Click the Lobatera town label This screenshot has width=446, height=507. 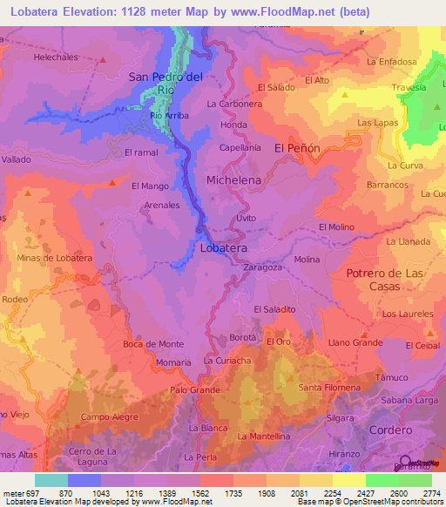[x=224, y=248]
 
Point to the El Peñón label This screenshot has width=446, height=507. [x=298, y=149]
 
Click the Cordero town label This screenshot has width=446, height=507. [x=389, y=430]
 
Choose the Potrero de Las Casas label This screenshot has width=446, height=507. [x=384, y=281]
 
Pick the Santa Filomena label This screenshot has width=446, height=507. [x=329, y=387]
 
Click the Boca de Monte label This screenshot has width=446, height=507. [x=153, y=344]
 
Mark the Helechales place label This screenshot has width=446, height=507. [x=56, y=57]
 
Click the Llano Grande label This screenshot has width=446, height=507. [x=355, y=343]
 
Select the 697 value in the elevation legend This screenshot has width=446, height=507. [x=26, y=493]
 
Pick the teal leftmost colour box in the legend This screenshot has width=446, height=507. [x=51, y=480]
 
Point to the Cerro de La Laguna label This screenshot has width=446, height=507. [x=93, y=456]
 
